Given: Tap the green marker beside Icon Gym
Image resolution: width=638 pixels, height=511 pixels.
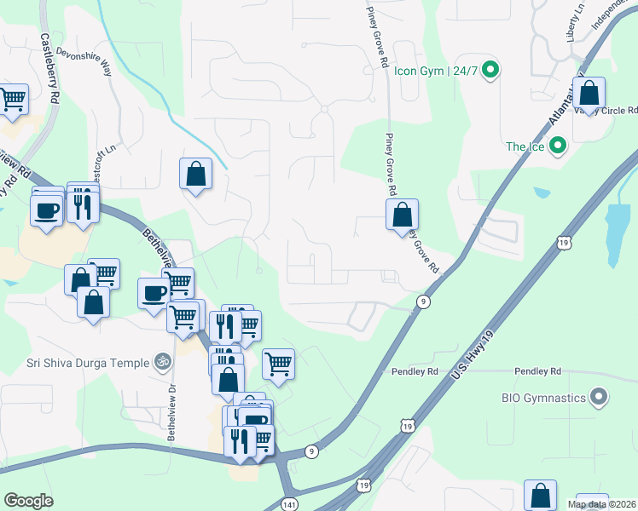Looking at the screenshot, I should pyautogui.click(x=490, y=70).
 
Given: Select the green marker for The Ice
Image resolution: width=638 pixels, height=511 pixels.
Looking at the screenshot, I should pyautogui.click(x=558, y=146).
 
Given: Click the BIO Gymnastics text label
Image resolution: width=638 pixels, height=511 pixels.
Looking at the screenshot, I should pyautogui.click(x=542, y=398).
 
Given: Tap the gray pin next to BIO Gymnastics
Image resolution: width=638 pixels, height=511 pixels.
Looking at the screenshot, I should pyautogui.click(x=599, y=398).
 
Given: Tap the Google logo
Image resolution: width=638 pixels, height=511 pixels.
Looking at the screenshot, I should pyautogui.click(x=28, y=501).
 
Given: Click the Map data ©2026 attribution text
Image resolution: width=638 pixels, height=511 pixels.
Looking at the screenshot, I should pyautogui.click(x=602, y=504).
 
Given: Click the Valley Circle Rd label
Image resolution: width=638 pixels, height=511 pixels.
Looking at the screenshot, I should pyautogui.click(x=607, y=111).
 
